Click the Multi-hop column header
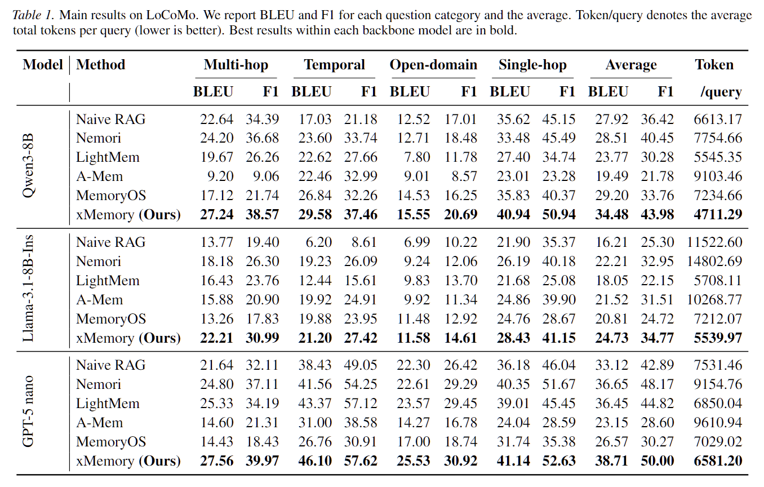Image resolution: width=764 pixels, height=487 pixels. (236, 65)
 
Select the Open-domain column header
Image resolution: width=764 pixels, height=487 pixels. (433, 65)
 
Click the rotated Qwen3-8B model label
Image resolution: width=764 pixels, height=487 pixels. (28, 167)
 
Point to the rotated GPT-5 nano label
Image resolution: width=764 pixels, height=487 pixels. (28, 411)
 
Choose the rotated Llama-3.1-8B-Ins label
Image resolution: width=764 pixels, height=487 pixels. (28, 290)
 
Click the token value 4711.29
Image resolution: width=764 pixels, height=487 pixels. (718, 215)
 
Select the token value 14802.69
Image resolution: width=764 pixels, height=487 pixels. (714, 262)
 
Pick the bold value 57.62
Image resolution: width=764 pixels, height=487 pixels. (360, 461)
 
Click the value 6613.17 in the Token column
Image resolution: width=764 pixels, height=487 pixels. (718, 119)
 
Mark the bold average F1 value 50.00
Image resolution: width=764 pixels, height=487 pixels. (657, 461)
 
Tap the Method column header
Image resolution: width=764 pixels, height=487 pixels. (100, 65)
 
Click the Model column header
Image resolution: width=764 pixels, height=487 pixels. (43, 65)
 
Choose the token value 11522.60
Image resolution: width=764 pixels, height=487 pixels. (714, 242)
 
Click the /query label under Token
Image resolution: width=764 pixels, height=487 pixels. (721, 92)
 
